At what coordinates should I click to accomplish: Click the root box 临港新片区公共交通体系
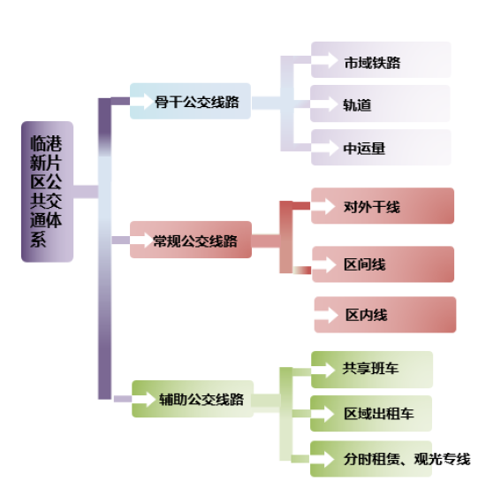[x=48, y=192]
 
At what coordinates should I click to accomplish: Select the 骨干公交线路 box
[x=191, y=101]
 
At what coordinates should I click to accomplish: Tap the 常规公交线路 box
[x=191, y=240]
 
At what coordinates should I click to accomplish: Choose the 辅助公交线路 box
[x=193, y=399]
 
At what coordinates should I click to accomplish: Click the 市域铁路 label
[x=372, y=63]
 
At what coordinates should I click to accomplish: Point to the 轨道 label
[x=357, y=105]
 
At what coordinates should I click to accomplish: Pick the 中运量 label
[x=364, y=149]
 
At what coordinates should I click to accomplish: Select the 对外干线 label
[x=372, y=207]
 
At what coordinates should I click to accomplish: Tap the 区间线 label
[x=365, y=264]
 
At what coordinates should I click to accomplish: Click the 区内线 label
[x=367, y=315]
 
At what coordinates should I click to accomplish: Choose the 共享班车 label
[x=370, y=369]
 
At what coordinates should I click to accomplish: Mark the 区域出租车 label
[x=379, y=414]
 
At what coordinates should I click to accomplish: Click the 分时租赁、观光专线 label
[x=407, y=459]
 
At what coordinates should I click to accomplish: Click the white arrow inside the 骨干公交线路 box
[x=141, y=102]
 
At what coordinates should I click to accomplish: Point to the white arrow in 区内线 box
[x=326, y=315]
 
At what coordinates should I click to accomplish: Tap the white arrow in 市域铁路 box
[x=324, y=60]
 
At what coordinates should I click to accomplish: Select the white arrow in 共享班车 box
[x=323, y=371]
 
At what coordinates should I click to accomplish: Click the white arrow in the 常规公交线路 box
[x=141, y=240]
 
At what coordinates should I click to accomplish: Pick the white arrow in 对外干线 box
[x=323, y=206]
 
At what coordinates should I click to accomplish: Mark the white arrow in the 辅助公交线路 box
[x=144, y=399]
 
